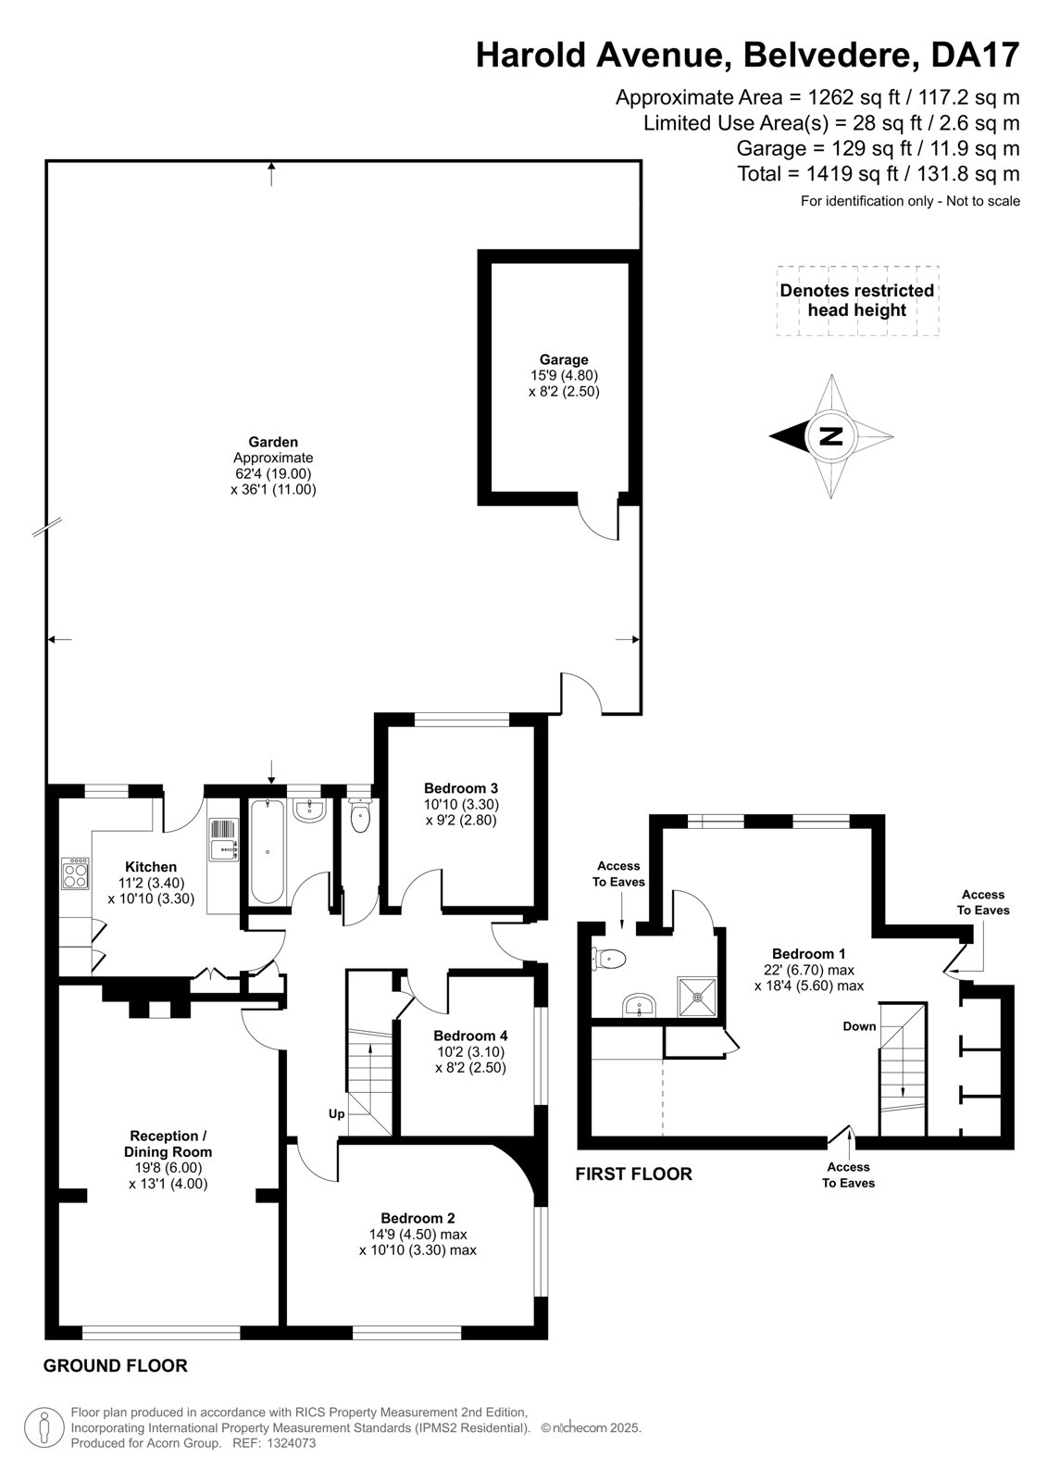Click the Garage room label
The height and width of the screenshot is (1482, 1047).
click(564, 359)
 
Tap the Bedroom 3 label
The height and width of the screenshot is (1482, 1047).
click(461, 788)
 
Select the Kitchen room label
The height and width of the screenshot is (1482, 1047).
click(151, 867)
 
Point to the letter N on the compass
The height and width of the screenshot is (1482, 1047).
click(831, 436)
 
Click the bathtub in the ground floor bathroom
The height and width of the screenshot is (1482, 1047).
click(268, 852)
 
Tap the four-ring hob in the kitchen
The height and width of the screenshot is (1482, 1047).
click(75, 873)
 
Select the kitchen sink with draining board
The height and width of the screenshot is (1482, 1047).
click(224, 840)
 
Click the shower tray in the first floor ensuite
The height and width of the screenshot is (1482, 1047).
click(697, 997)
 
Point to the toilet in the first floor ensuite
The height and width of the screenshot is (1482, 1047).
click(608, 959)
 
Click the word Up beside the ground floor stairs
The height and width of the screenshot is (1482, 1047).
click(337, 1114)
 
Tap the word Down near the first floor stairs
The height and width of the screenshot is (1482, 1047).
click(859, 1026)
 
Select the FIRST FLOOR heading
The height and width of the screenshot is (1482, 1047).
click(633, 1174)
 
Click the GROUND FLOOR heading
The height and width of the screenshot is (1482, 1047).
click(116, 1365)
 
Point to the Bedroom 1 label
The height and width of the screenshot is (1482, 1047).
click(809, 953)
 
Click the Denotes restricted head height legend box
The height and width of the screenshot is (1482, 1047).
click(858, 300)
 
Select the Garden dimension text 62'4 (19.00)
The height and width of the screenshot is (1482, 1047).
click(273, 473)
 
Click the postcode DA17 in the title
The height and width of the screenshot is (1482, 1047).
click(976, 55)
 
